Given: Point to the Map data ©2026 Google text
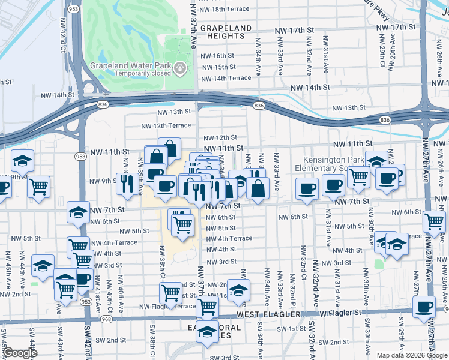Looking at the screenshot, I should (411, 355).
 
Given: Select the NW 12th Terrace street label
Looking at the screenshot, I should (166, 126).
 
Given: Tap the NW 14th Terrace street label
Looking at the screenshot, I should (226, 78).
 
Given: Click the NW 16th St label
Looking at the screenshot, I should (217, 55).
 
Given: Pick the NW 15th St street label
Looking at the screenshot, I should (217, 67).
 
